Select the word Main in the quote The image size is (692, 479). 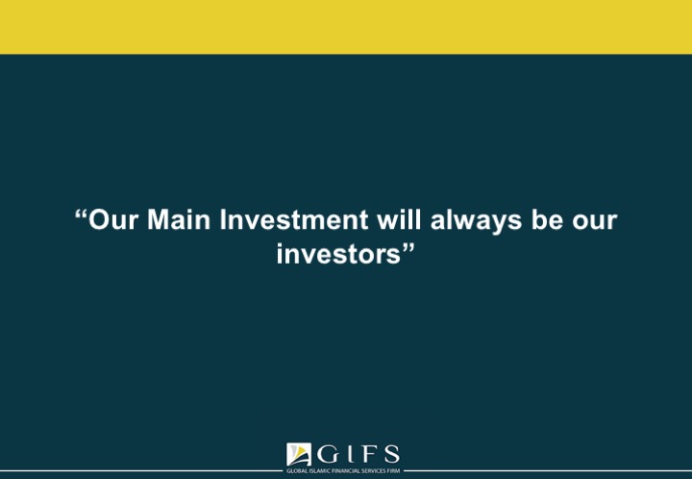pos(179,219)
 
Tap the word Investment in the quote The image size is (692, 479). pos(294,219)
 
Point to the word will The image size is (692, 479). pos(399,219)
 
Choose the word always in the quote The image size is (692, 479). pos(476,220)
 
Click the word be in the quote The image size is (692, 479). pos(547,219)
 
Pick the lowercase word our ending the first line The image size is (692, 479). pos(595,222)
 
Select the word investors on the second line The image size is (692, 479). pos(338,254)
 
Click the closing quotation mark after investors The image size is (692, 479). pos(408,248)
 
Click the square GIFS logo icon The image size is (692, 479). pos(298,454)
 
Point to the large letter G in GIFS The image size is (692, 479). pos(329,454)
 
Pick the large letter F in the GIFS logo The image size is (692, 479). pos(368,454)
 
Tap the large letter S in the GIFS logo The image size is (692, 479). pos(391,454)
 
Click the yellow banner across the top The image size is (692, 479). pos(346,27)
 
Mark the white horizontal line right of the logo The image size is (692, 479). pos(548,470)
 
